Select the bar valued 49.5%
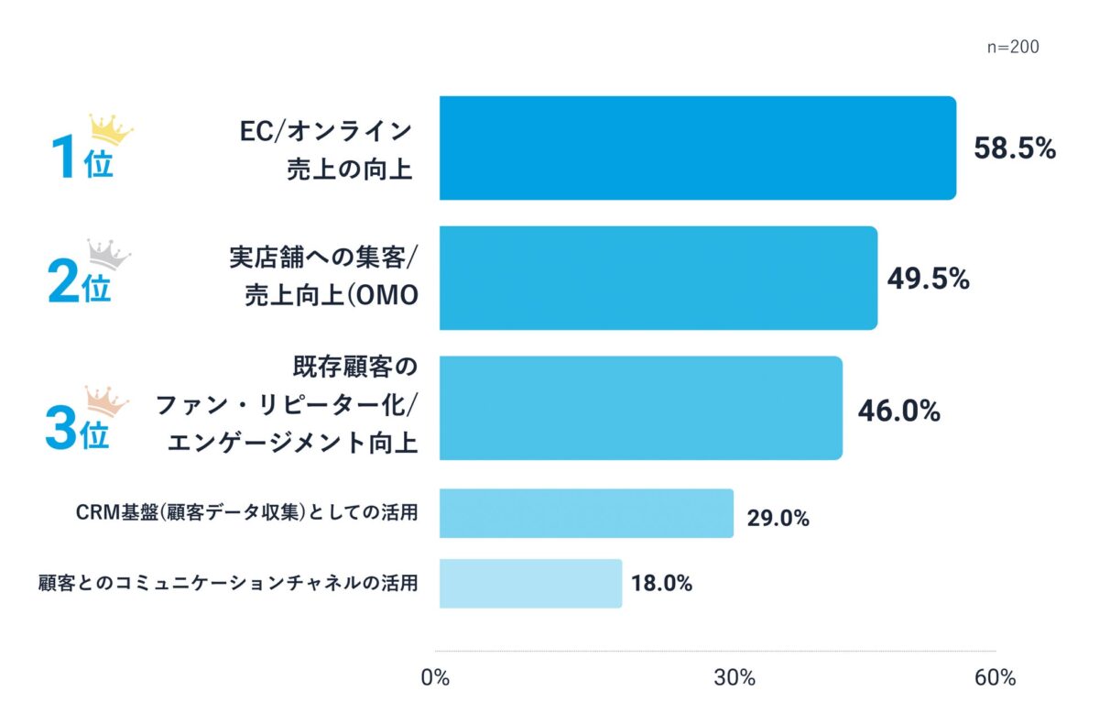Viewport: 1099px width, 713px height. pyautogui.click(x=658, y=278)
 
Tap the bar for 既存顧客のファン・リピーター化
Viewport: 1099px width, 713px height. pyautogui.click(x=641, y=408)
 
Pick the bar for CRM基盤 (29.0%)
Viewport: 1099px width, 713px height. pyautogui.click(x=586, y=513)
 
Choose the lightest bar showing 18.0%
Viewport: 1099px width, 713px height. pyautogui.click(x=530, y=583)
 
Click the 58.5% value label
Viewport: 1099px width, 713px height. pyautogui.click(x=1015, y=148)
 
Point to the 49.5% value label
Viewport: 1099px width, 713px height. pyautogui.click(x=928, y=279)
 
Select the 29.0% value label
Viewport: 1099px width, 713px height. pyautogui.click(x=778, y=519)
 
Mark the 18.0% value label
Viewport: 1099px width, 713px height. pyautogui.click(x=662, y=583)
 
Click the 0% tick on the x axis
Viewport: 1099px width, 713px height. pyautogui.click(x=435, y=678)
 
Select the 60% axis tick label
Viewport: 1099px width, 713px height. pyautogui.click(x=996, y=678)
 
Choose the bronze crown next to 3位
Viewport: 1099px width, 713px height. pyautogui.click(x=107, y=399)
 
